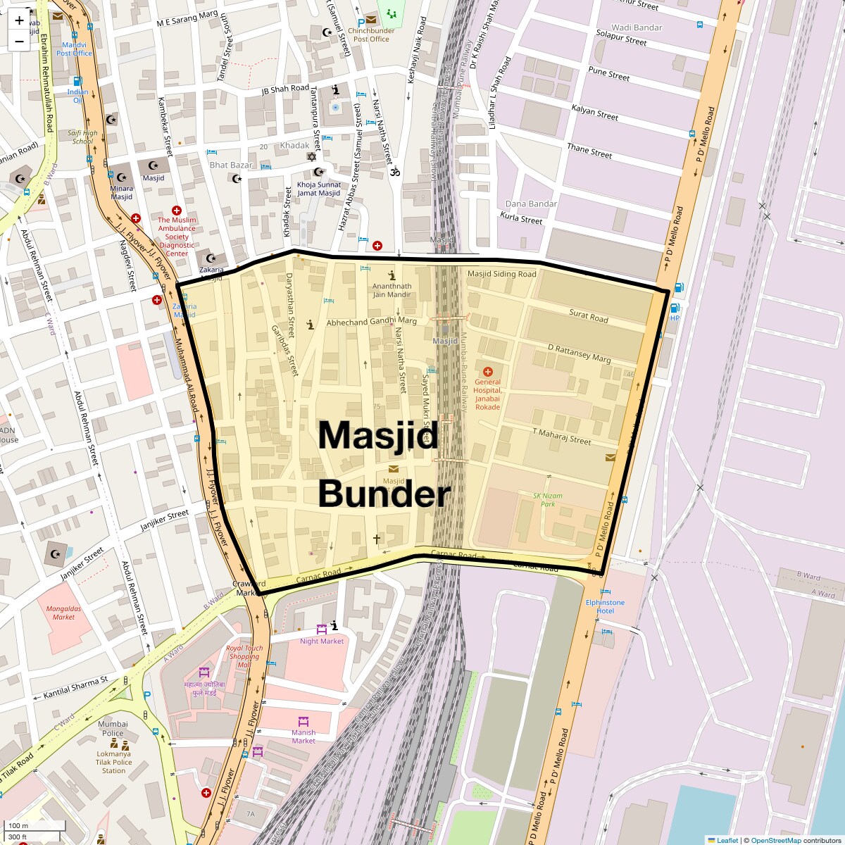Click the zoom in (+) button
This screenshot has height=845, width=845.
[x=19, y=20]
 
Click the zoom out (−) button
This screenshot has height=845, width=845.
[x=19, y=42]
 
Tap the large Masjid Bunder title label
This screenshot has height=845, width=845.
[x=384, y=465]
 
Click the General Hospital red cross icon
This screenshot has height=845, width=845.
[x=487, y=371]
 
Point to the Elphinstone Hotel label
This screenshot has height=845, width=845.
[x=605, y=606]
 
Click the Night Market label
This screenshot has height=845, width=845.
[x=322, y=641]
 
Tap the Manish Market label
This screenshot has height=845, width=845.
[x=303, y=737]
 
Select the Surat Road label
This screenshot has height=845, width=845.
[x=589, y=318]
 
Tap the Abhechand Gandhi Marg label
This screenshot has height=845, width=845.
[x=372, y=322]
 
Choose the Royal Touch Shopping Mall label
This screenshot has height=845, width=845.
[x=244, y=656]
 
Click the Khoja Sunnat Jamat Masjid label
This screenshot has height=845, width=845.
[x=318, y=189]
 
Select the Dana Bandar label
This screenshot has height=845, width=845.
[x=531, y=204]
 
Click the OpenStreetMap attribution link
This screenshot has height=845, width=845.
[x=776, y=840]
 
